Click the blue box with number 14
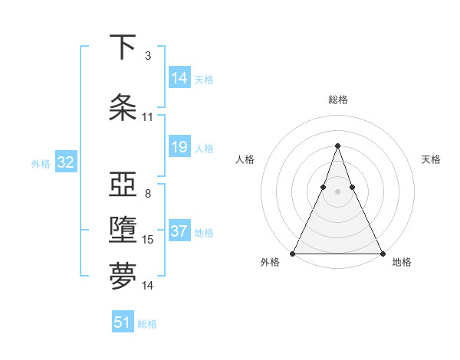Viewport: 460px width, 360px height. pyautogui.click(x=179, y=78)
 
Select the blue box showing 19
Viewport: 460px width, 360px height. pyautogui.click(x=179, y=147)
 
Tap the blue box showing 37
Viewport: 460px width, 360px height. pyautogui.click(x=179, y=231)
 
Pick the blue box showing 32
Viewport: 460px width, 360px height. pyautogui.click(x=65, y=162)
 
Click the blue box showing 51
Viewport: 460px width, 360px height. pyautogui.click(x=123, y=322)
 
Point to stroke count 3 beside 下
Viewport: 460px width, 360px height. pyautogui.click(x=147, y=56)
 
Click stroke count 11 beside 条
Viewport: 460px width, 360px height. pyautogui.click(x=148, y=117)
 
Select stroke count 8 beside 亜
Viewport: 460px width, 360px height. pyautogui.click(x=147, y=194)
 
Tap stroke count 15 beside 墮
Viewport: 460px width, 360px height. pyautogui.click(x=148, y=240)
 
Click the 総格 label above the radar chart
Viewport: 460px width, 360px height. pyautogui.click(x=337, y=100)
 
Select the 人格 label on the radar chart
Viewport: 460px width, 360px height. pyautogui.click(x=245, y=159)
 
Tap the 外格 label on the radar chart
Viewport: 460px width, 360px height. pyautogui.click(x=269, y=262)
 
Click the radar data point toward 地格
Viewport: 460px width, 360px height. pyautogui.click(x=382, y=253)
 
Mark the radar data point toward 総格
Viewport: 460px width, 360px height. pyautogui.click(x=337, y=146)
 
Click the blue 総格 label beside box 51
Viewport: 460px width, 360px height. pyautogui.click(x=147, y=324)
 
